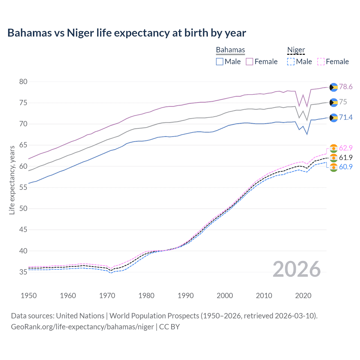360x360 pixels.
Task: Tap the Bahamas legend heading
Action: pos(230,50)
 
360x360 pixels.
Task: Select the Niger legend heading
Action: pos(296,50)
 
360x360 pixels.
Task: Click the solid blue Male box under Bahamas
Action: pos(220,62)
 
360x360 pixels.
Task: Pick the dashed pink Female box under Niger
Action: pos(321,62)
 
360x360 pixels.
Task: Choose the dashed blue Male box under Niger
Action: pos(291,62)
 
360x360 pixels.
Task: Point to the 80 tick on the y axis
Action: pos(23,82)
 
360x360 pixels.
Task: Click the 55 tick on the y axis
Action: pos(23,187)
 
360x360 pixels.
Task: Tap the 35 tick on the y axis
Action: pos(23,272)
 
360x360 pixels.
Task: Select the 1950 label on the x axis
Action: pos(29,296)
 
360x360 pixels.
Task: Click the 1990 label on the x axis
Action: pos(185,296)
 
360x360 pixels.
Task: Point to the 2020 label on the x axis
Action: pos(303,296)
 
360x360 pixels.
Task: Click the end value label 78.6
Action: pos(346,87)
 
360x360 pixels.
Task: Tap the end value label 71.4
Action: pos(346,117)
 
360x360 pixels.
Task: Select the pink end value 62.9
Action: pos(346,148)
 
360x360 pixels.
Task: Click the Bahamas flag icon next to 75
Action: pos(334,103)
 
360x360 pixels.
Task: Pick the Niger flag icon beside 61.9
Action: pos(334,158)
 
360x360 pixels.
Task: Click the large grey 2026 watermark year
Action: pos(296,269)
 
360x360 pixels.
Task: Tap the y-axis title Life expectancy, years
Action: pos(12,180)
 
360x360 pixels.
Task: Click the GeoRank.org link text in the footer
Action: pos(82,327)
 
